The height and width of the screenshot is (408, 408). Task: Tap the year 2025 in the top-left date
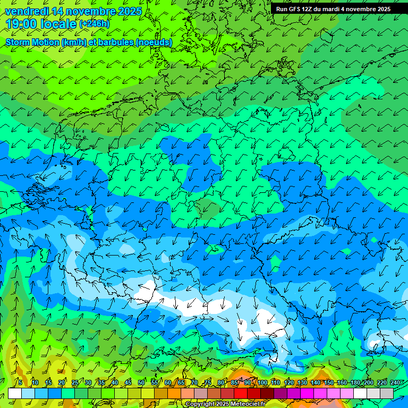pos(127,11)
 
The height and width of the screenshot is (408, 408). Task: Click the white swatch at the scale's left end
pos(15,393)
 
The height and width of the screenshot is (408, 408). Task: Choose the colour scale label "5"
pos(20,382)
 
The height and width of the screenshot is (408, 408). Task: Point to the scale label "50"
pos(141,382)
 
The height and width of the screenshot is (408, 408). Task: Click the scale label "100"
pos(262,382)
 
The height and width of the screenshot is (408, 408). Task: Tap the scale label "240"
pos(395,382)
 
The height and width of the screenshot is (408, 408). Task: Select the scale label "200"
pos(369,382)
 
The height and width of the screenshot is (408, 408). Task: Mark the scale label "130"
pos(302,382)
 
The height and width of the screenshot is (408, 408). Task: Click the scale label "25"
pos(75,382)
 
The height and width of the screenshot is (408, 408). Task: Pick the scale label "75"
pos(208,382)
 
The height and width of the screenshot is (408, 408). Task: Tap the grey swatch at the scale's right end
pos(387,393)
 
